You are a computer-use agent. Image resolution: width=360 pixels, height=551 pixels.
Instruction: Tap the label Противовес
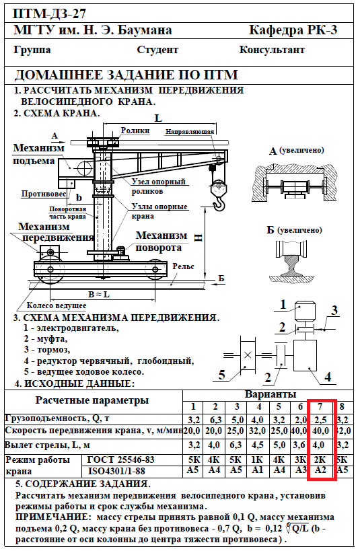coord(44,194)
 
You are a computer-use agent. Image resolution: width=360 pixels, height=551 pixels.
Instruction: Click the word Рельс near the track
coord(183,266)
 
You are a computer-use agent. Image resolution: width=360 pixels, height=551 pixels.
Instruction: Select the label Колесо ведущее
coord(57,305)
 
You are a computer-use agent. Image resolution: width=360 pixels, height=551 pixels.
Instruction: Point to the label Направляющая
coord(190,132)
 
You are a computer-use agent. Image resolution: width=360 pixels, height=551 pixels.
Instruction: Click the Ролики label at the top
coord(135,131)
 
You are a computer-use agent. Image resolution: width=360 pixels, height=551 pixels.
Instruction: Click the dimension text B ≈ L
coord(99,294)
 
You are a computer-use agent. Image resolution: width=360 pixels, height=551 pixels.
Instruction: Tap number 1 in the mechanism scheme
coord(283,304)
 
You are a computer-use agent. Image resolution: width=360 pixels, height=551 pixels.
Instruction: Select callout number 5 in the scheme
coord(221,374)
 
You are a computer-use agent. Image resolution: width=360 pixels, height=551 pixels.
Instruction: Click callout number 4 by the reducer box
coord(328,377)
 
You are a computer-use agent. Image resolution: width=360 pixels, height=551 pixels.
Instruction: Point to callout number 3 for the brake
coord(334,310)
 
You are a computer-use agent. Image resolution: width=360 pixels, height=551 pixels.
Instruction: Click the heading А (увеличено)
coord(296,151)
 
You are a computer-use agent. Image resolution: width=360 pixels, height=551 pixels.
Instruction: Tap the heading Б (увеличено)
coord(294,230)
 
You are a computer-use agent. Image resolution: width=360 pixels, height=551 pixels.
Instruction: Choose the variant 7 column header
coord(320,406)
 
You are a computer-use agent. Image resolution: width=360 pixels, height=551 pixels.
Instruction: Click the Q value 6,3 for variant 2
coord(215,420)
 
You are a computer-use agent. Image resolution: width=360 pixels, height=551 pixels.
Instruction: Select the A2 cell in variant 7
coord(320,470)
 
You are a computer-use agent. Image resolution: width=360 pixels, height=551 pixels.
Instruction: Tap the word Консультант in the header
coord(272,50)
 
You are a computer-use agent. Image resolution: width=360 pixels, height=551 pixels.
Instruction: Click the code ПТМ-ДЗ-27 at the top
coord(49,14)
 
